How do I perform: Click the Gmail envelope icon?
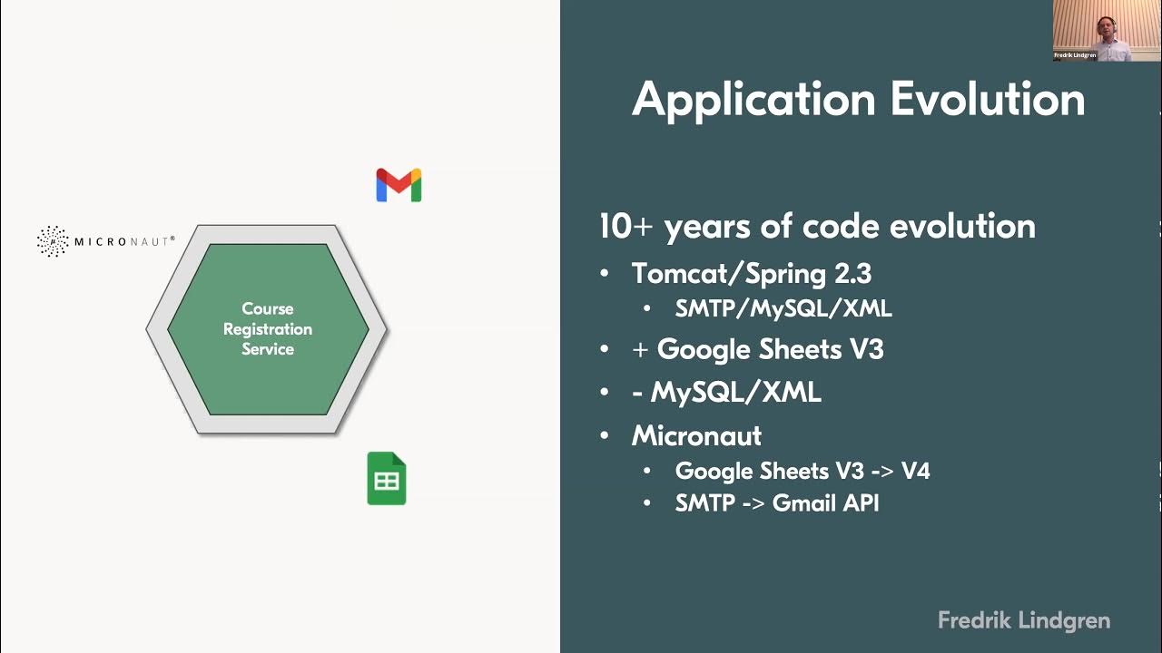click(399, 185)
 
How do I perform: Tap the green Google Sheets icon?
click(387, 478)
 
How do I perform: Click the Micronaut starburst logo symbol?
click(53, 241)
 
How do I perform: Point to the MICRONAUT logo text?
click(123, 241)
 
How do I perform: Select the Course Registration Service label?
click(268, 328)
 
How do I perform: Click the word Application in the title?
click(753, 99)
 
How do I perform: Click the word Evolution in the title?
click(988, 99)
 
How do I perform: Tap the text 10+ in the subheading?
click(625, 227)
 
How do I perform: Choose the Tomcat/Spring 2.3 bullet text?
click(752, 273)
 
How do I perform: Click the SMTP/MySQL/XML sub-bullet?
click(783, 308)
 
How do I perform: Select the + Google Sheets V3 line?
click(758, 349)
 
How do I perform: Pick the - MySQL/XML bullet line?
click(726, 393)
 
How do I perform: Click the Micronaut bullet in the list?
click(696, 435)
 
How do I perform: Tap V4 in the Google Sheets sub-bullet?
click(915, 471)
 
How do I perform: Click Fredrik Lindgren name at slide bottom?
click(1024, 621)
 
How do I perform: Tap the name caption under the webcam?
click(1075, 55)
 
